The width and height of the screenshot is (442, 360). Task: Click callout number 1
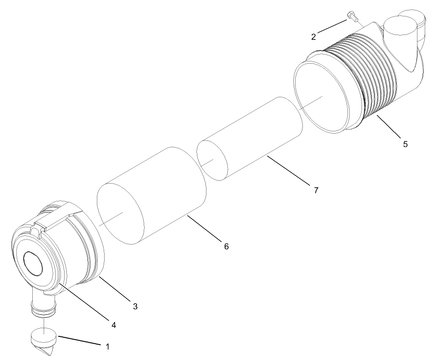click(108, 346)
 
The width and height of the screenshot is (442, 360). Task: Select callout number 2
click(314, 37)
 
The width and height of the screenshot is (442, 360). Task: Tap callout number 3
click(135, 306)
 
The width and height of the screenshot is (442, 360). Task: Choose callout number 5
click(405, 144)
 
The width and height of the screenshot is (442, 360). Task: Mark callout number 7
click(316, 190)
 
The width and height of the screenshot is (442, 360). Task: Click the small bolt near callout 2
click(352, 16)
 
